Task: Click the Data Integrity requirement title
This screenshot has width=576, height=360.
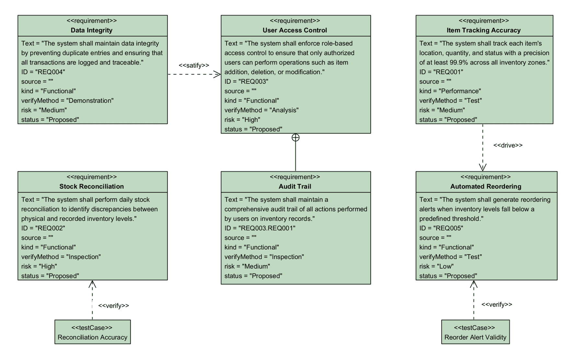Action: click(x=91, y=30)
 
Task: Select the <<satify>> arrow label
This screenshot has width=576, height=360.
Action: click(x=194, y=65)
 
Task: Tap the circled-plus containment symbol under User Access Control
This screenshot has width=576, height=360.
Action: click(x=295, y=138)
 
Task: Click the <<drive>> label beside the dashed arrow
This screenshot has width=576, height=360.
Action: click(x=508, y=145)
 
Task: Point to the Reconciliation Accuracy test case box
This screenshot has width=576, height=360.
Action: click(x=92, y=332)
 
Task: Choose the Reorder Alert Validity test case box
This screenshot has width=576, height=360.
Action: click(x=475, y=332)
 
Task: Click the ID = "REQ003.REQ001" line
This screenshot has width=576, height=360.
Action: click(x=260, y=228)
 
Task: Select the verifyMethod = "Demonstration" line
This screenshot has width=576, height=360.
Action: click(x=67, y=101)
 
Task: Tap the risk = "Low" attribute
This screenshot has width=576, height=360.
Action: click(x=436, y=266)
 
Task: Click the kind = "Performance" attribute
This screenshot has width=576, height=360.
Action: click(x=450, y=91)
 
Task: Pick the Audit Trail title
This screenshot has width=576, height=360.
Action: click(x=295, y=186)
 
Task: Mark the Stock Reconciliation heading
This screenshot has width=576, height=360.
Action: click(x=91, y=186)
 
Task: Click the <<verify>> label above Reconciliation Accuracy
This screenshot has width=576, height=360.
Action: click(x=113, y=306)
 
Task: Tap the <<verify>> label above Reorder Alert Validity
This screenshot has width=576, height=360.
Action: click(x=497, y=304)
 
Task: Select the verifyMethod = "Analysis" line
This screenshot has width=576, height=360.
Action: click(x=261, y=110)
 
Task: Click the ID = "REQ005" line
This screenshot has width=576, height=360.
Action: click(x=441, y=228)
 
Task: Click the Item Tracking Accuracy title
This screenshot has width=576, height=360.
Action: click(x=483, y=30)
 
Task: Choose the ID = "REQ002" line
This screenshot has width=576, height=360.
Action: click(x=43, y=228)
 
